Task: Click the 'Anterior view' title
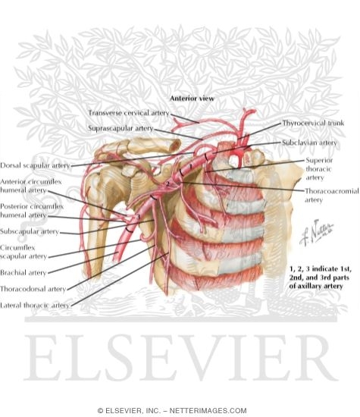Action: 192,99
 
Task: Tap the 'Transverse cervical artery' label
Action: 129,113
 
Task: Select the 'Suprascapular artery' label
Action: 121,128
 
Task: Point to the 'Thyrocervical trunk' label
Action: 313,123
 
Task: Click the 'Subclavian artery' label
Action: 309,143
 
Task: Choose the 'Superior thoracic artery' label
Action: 319,169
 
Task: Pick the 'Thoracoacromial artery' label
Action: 331,195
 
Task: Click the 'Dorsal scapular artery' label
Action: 35,165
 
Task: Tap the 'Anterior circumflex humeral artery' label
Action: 31,186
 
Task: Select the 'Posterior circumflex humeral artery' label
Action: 32,211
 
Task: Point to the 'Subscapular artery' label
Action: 30,231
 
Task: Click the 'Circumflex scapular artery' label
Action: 23,252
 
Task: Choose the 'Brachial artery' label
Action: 23,273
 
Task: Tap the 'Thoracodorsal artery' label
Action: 33,289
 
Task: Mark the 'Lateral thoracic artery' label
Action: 35,306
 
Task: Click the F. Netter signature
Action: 316,233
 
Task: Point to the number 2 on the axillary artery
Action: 167,183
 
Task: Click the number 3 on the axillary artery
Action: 138,217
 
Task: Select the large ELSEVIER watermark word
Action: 181,358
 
